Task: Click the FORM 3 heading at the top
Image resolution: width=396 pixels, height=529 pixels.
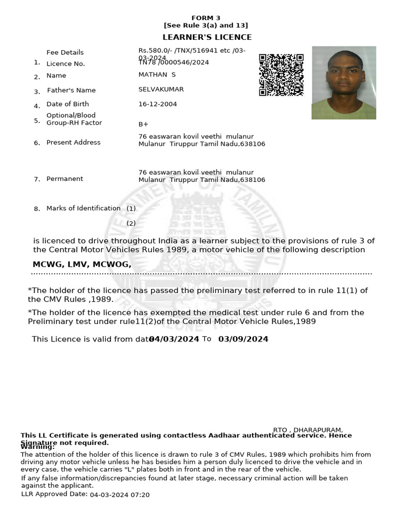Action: coord(206,18)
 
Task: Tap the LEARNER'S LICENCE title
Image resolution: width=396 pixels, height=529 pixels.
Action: coord(207,37)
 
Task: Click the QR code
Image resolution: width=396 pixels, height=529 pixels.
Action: coord(281,75)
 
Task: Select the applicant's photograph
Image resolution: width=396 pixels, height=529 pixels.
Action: coord(343,83)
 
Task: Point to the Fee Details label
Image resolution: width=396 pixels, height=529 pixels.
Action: coord(65,52)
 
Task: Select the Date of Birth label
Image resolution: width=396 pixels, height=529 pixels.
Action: coord(68,104)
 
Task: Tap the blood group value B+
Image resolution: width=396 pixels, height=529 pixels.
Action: coord(143,125)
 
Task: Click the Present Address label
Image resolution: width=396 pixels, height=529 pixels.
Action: coord(73,143)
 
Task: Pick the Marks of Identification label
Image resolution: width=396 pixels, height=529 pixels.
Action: coord(83,208)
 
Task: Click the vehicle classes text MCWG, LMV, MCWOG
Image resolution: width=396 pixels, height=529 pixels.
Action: coord(81,264)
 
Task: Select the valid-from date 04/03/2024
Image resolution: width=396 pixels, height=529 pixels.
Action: coord(174,339)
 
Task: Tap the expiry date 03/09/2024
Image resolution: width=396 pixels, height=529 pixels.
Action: coord(243,339)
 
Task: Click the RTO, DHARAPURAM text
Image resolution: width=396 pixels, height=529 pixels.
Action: coord(308,430)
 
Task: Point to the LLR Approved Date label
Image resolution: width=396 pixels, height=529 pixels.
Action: coord(54,494)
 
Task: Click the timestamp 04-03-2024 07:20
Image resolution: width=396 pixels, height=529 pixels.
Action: coord(120,495)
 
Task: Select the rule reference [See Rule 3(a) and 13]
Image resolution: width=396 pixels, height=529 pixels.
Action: coord(206,25)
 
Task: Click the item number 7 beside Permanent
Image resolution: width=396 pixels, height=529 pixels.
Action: coord(37,180)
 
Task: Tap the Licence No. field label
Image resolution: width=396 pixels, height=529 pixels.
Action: coord(65,64)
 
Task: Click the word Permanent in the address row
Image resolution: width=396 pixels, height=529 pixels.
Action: coord(64,179)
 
